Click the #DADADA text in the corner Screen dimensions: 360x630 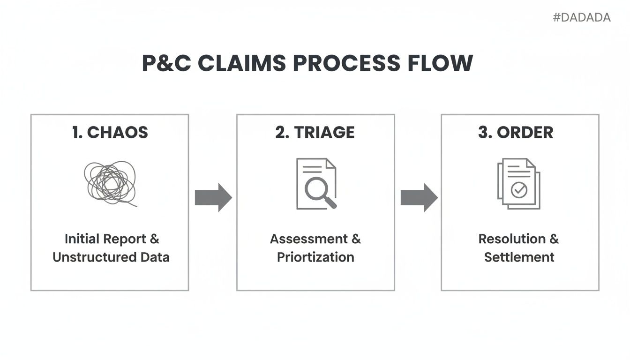(582, 18)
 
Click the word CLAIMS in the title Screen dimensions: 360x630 (242, 64)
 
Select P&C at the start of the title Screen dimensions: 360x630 (166, 64)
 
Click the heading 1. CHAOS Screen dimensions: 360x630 (110, 133)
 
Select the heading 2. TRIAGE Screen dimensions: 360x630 (315, 133)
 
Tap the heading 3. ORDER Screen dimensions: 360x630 (516, 133)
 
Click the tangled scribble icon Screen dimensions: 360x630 (110, 183)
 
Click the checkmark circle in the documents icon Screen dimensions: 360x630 (519, 190)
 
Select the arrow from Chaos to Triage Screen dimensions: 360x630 (213, 197)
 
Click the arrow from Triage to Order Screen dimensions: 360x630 (419, 197)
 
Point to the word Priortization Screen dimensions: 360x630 (315, 257)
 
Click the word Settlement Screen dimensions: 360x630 (519, 257)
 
